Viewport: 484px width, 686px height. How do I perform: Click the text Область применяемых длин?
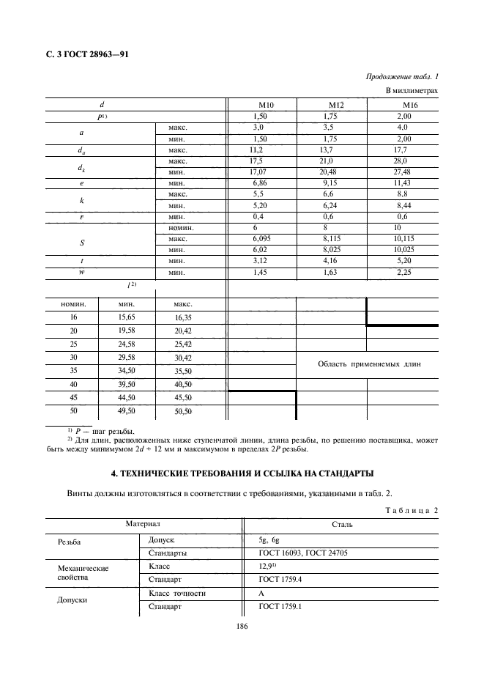tap(368, 364)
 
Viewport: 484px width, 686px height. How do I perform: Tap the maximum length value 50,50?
tap(182, 412)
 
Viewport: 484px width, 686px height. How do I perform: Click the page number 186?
tap(242, 627)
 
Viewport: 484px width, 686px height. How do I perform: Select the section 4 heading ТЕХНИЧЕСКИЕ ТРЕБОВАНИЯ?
tap(241, 472)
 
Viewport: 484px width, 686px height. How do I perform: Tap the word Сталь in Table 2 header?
tap(342, 524)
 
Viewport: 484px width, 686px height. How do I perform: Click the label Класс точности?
tap(176, 592)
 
